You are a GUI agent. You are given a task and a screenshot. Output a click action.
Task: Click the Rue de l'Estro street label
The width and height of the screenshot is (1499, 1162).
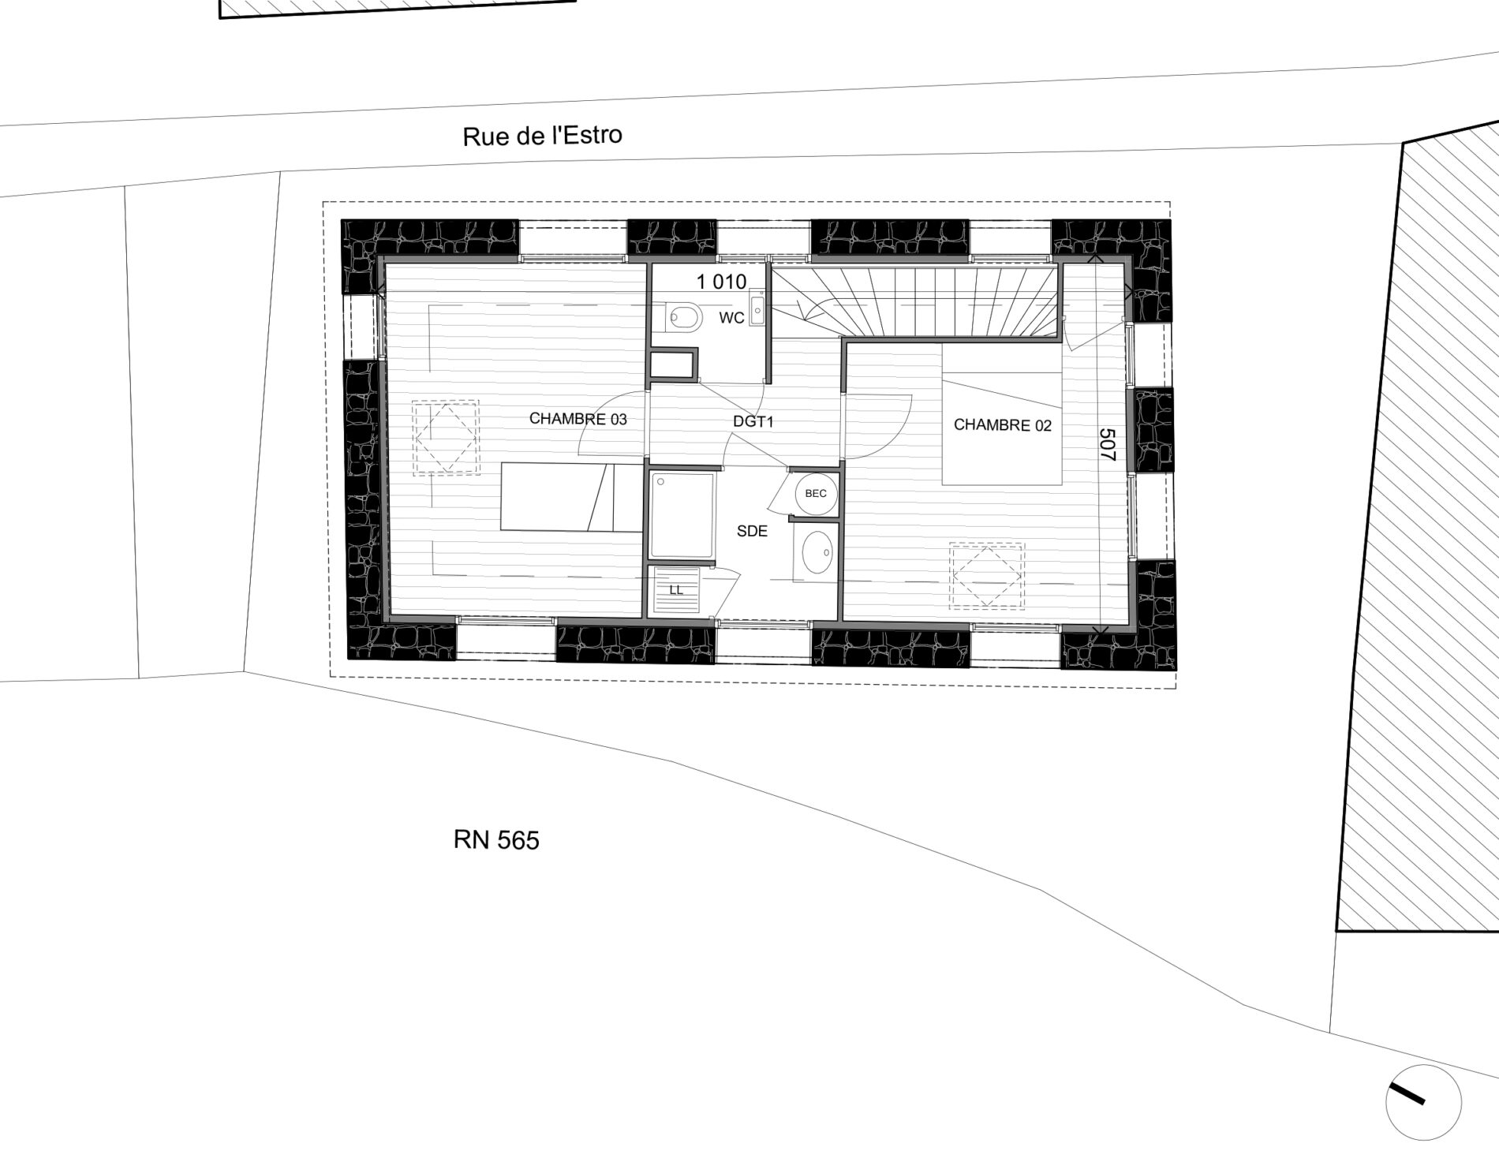(x=542, y=136)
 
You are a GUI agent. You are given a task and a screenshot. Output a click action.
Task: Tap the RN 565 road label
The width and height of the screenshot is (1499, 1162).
(x=496, y=841)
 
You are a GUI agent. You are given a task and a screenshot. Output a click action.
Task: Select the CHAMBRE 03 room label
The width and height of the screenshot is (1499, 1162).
(x=578, y=419)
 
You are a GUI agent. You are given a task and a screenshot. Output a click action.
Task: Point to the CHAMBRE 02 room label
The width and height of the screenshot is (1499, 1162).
(x=1003, y=425)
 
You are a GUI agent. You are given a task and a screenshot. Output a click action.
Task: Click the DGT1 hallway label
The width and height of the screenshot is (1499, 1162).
(x=753, y=422)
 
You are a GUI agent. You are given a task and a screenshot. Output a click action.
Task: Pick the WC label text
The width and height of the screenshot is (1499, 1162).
(x=731, y=318)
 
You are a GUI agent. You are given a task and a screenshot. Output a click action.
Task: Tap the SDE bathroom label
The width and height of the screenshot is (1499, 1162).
(x=752, y=532)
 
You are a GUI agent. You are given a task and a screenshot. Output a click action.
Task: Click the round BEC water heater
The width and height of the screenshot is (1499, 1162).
(x=816, y=494)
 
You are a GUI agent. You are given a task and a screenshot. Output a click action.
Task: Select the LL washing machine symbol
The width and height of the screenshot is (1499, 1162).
(x=676, y=591)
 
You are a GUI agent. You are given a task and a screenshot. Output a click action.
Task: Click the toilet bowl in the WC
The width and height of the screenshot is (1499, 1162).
(x=682, y=318)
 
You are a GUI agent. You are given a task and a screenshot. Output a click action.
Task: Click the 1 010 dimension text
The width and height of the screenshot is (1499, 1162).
(x=721, y=282)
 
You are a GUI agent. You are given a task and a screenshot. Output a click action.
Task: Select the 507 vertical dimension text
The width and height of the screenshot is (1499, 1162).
(x=1107, y=445)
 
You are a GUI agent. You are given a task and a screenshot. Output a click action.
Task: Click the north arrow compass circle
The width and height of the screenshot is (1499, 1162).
(x=1423, y=1102)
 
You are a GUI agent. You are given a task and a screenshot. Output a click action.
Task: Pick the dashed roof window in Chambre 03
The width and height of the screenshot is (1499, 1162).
(x=446, y=437)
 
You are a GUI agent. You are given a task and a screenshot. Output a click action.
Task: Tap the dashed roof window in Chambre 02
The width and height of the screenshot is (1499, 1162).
(x=986, y=576)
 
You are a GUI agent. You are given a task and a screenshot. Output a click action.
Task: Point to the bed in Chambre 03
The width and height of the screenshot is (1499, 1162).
(x=572, y=497)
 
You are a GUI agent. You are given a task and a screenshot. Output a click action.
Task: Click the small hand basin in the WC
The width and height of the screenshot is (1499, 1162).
(x=757, y=308)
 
